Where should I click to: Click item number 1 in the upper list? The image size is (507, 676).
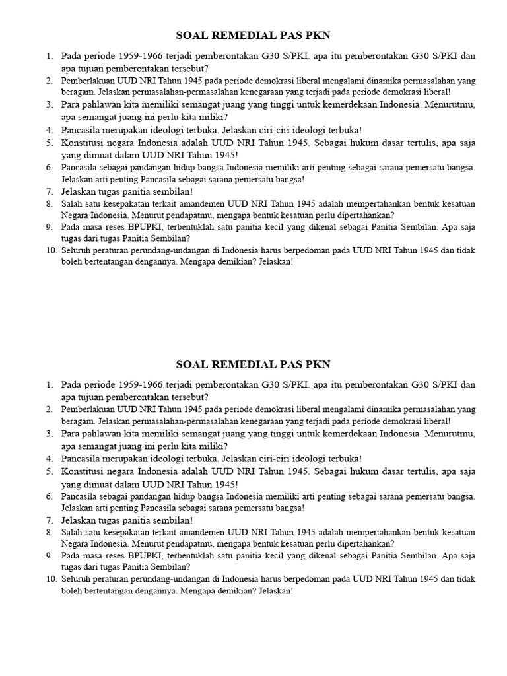tap(50, 56)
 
